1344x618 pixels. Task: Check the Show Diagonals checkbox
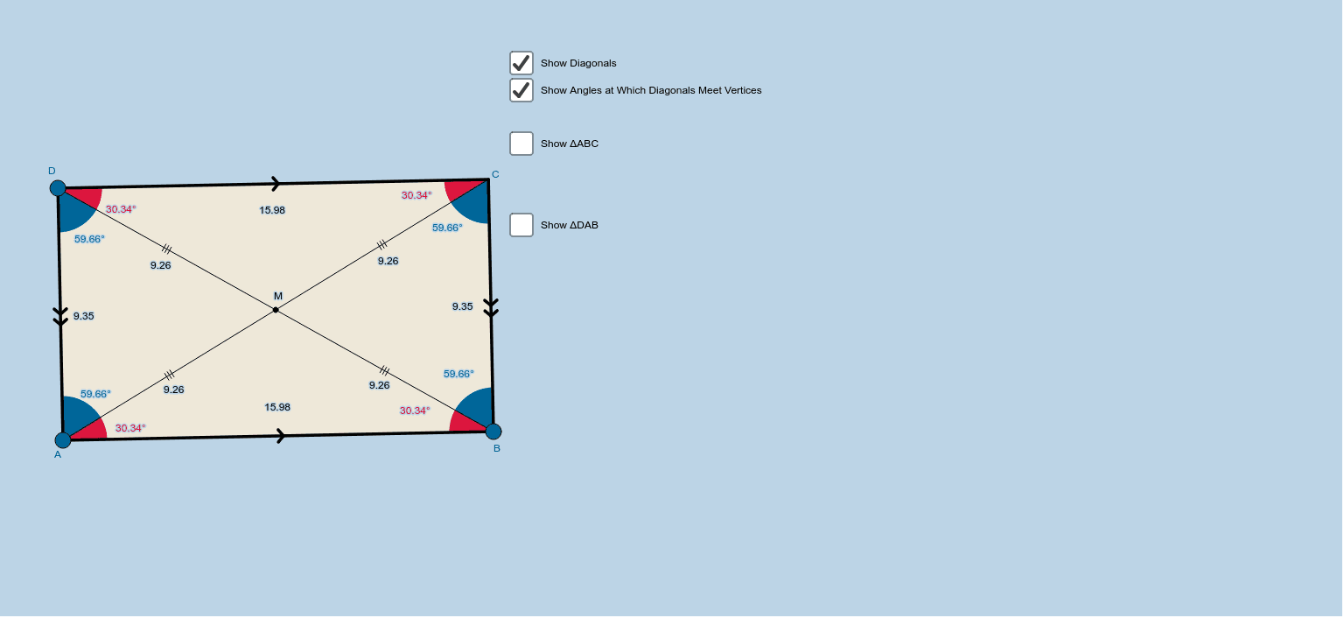(x=521, y=63)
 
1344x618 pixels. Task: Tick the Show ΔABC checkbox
(x=521, y=144)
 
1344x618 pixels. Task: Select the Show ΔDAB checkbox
(x=521, y=225)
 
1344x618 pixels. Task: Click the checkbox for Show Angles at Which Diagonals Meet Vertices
(x=521, y=90)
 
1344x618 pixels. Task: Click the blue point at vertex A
(x=63, y=439)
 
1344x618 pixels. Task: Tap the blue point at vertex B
(x=493, y=431)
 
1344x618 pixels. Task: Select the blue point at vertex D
(x=58, y=188)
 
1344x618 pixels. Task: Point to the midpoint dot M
(x=276, y=309)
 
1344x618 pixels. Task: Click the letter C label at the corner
(x=495, y=174)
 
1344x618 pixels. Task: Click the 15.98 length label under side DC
(x=272, y=210)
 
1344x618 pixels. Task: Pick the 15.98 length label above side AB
(x=277, y=407)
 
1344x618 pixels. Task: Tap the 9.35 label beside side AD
(x=84, y=316)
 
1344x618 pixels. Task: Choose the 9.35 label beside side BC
(x=462, y=306)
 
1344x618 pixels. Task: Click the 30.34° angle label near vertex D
(x=121, y=209)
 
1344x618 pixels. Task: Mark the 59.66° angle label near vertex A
(x=95, y=394)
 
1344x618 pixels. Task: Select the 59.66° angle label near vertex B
(x=458, y=374)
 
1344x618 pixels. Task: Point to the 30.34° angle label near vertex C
(x=416, y=195)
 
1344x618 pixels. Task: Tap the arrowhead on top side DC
(x=276, y=184)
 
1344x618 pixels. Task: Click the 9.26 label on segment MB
(x=379, y=385)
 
